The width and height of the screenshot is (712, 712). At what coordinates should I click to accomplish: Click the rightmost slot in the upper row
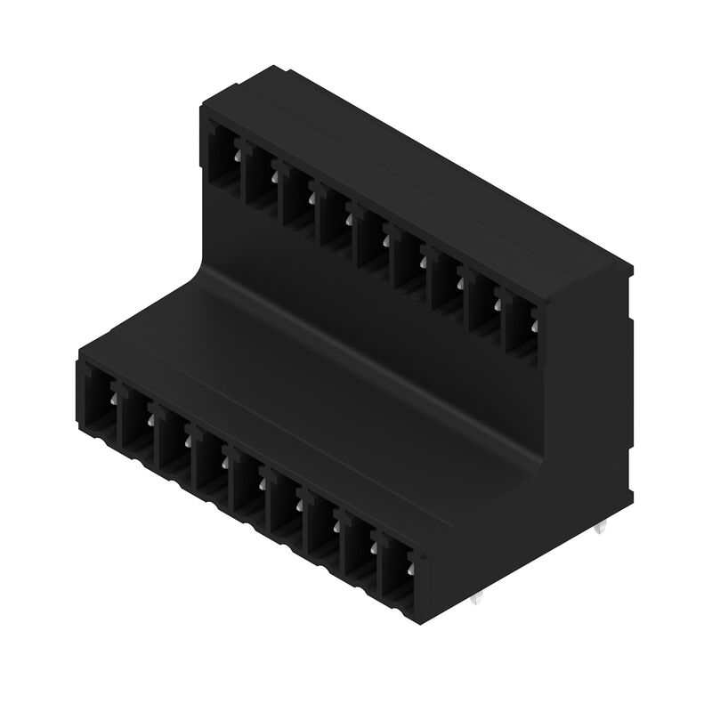pos(525,326)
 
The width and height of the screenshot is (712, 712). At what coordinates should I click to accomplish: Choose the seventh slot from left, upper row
pos(449,283)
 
